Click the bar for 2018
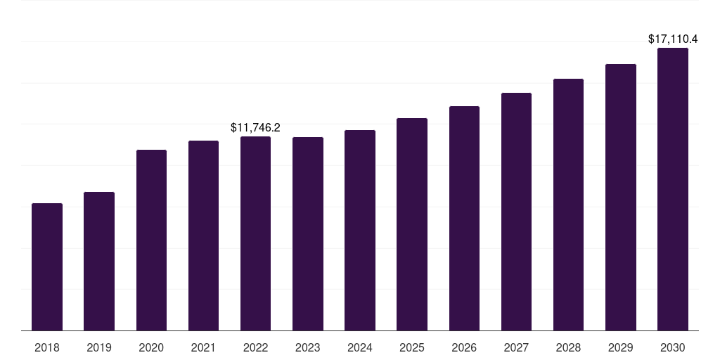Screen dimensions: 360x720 click(x=47, y=267)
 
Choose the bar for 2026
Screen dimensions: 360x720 click(x=464, y=219)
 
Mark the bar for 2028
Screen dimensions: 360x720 click(x=568, y=205)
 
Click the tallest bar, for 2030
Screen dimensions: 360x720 click(x=673, y=189)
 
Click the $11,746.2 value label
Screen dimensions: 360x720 click(x=255, y=127)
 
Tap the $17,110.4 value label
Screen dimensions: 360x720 click(x=673, y=39)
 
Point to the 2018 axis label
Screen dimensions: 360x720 click(x=47, y=347)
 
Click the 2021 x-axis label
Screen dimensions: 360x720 click(x=203, y=347)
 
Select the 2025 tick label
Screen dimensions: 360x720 click(x=412, y=347)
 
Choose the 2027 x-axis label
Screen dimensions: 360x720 click(x=516, y=347)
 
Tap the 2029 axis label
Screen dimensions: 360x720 click(x=621, y=347)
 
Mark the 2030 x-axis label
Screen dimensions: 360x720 click(x=673, y=347)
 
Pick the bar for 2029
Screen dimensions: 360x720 click(x=621, y=198)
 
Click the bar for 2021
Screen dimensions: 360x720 click(x=203, y=236)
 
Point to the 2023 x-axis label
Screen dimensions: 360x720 click(x=308, y=347)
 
